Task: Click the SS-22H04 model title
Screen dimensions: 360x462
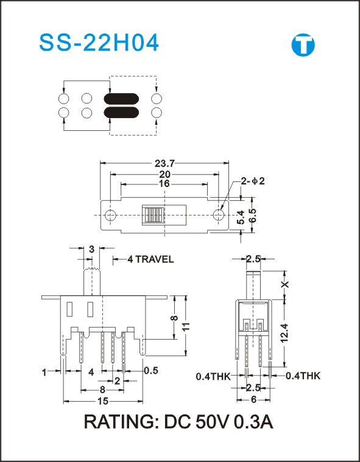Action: pos(99,43)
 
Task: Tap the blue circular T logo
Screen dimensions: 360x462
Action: pos(303,45)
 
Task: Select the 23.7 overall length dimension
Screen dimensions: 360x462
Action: pos(164,163)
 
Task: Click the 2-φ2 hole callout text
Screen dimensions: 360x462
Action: pos(253,181)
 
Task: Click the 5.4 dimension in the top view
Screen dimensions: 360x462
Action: pos(241,217)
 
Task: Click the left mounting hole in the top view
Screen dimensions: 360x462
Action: pos(111,215)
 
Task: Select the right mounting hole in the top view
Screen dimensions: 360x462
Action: pos(219,215)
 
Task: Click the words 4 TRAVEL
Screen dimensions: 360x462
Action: pos(150,259)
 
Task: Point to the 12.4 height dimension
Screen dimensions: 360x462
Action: pos(284,333)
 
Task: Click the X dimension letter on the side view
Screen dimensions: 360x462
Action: pos(285,285)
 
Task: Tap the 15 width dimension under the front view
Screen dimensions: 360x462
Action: pos(103,401)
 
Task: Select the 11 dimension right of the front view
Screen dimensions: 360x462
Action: pos(186,326)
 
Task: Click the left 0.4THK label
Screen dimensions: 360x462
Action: pos(213,376)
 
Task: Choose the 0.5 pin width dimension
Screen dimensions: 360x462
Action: pos(151,371)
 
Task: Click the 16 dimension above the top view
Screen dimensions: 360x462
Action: pos(164,184)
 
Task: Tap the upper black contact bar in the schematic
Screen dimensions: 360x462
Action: pos(121,99)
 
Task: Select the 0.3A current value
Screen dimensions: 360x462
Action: pos(253,422)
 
